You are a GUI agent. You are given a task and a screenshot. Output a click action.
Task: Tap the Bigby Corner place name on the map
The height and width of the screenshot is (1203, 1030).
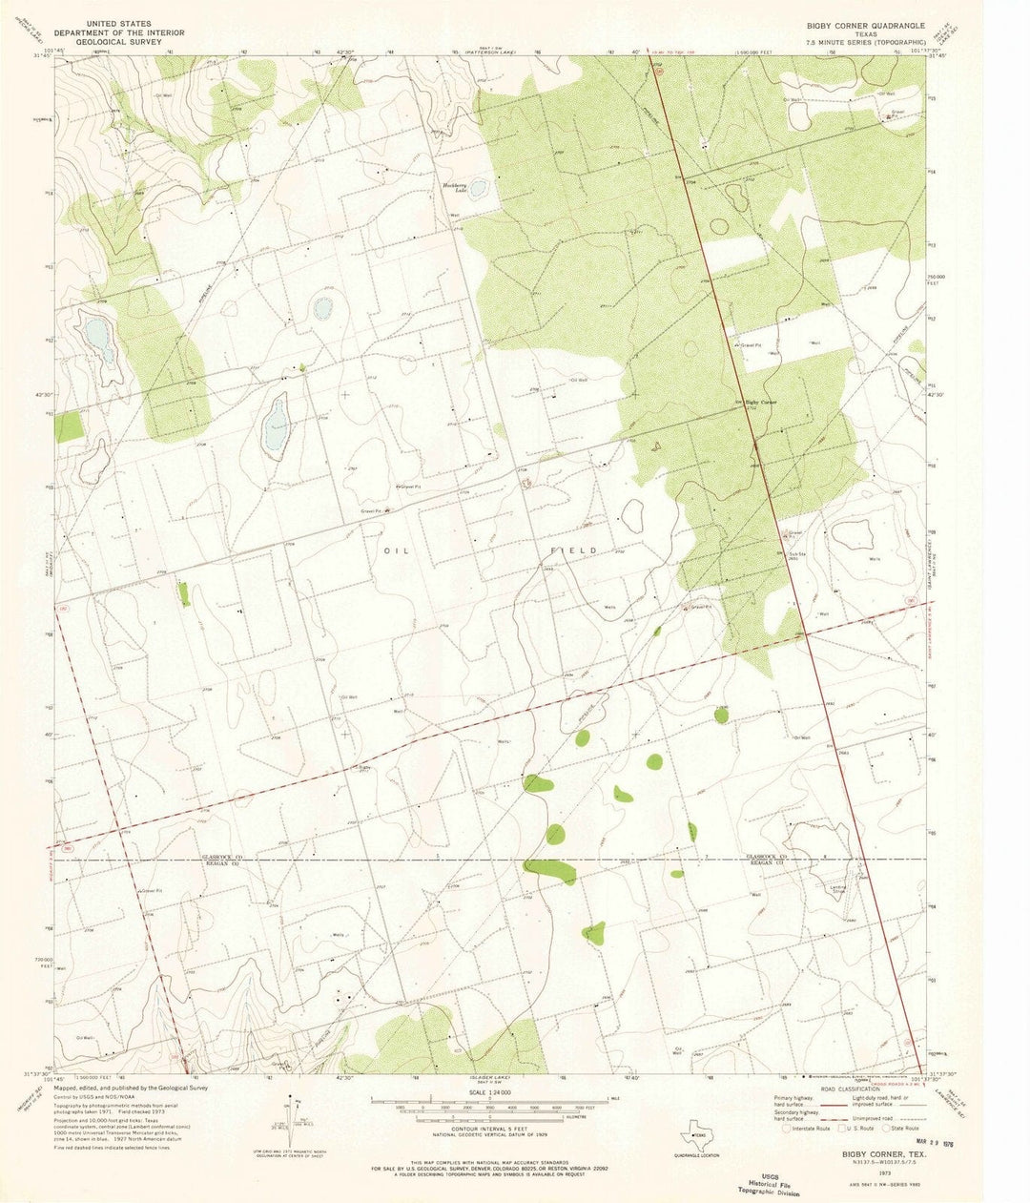761,403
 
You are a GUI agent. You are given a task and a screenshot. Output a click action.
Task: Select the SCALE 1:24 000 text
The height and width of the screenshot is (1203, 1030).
488,1091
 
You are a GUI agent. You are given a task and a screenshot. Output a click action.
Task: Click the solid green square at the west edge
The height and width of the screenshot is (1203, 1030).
63,425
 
